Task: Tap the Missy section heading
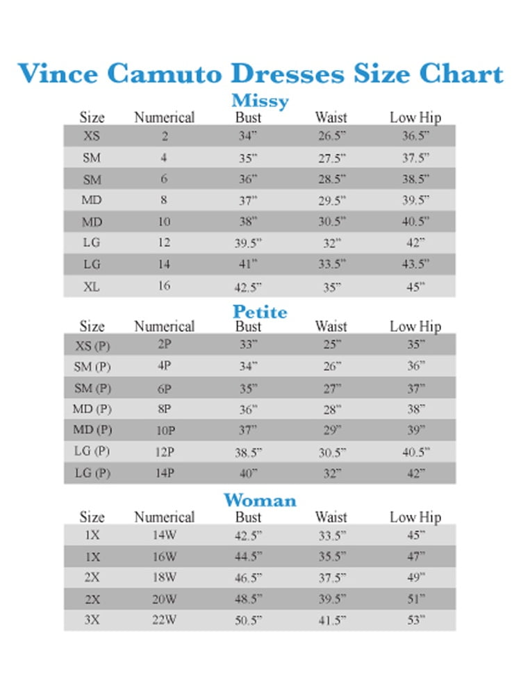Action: tap(260, 101)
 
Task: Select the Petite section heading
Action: tap(260, 312)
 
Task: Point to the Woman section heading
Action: tap(260, 500)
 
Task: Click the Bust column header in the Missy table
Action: tap(248, 117)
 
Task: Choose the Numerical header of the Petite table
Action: tap(164, 326)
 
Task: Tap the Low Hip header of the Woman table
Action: tap(415, 517)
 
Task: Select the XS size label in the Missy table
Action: tap(92, 136)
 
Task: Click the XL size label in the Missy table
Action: tap(92, 286)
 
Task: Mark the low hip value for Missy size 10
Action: tap(416, 222)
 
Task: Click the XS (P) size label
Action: tap(92, 345)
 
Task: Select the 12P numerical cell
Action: tap(165, 452)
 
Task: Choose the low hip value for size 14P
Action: tap(416, 474)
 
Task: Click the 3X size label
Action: tap(92, 620)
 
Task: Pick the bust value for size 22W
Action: tap(249, 620)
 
